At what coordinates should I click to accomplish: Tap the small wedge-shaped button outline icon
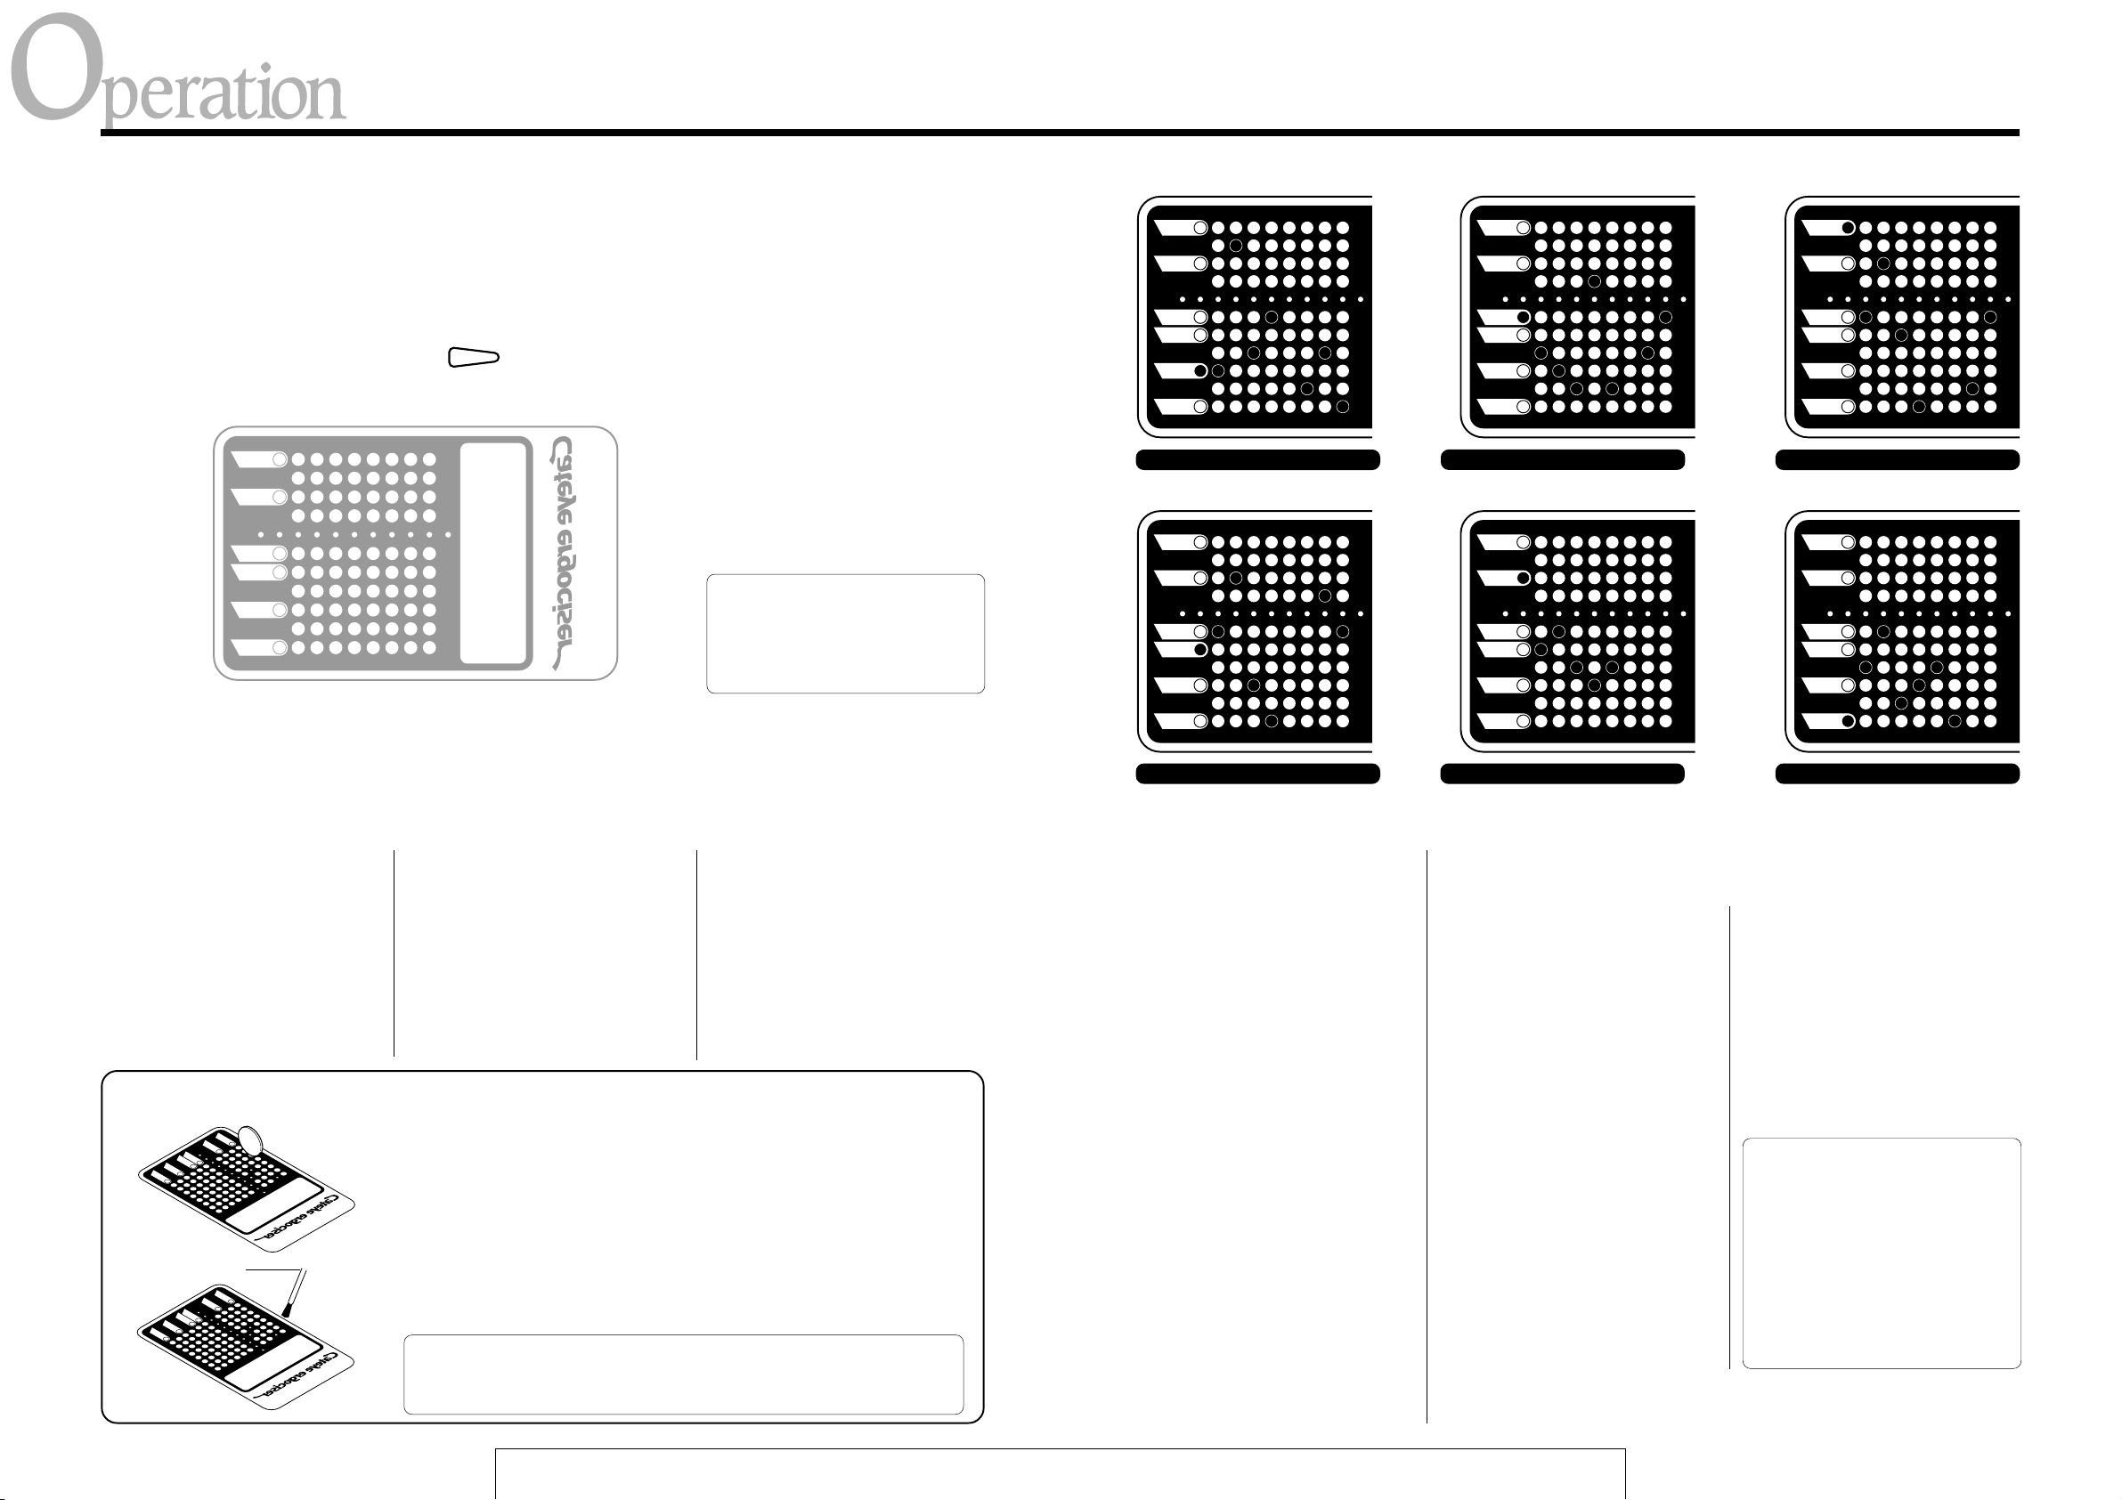click(473, 358)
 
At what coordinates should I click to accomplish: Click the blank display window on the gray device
click(493, 553)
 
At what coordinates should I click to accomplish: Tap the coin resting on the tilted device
click(249, 1140)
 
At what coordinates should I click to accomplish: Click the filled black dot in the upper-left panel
click(1199, 370)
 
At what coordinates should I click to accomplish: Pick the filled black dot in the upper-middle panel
click(1523, 317)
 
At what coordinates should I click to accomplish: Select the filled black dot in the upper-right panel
click(1848, 227)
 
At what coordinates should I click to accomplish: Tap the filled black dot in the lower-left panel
click(1199, 650)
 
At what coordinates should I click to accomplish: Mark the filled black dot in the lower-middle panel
click(1523, 578)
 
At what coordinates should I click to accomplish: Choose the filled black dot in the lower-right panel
click(1848, 721)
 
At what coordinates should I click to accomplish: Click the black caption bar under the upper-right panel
click(1897, 460)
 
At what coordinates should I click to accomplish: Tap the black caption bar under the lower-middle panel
click(1562, 774)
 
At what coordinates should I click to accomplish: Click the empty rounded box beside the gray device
click(845, 634)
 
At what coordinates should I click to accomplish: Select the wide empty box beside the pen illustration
click(683, 1374)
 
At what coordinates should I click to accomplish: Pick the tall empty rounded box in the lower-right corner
click(1881, 1253)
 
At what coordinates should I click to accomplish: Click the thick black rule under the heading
click(1059, 134)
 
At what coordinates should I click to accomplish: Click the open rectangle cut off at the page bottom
click(1059, 1475)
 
